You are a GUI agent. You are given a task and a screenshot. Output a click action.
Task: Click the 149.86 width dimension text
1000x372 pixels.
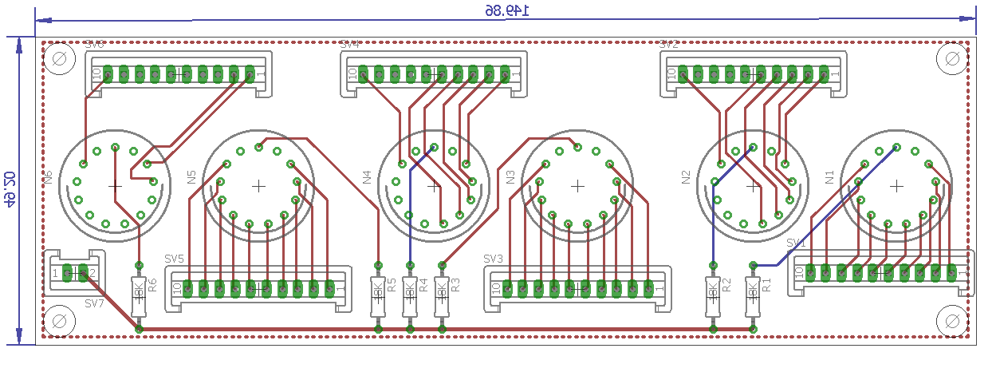tap(508, 10)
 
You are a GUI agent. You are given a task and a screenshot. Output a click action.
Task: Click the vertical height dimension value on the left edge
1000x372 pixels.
tap(10, 188)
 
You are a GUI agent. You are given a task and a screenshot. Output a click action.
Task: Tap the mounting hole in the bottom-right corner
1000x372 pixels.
tap(951, 321)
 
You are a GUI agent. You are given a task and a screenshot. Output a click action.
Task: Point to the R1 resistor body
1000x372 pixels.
tap(752, 296)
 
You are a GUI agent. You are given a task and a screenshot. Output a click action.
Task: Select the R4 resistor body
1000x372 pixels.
tap(410, 296)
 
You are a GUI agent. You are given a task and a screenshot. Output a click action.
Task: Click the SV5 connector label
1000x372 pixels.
tap(174, 259)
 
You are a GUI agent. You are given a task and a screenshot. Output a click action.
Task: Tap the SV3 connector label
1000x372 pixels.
tap(493, 259)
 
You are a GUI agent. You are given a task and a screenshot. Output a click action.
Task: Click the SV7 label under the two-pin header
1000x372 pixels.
tap(94, 303)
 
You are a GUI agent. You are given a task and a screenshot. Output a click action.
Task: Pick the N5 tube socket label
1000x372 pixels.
tap(191, 177)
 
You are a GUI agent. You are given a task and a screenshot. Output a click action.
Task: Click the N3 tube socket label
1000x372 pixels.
tap(510, 177)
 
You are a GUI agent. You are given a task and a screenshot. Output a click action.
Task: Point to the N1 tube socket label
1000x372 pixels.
tap(829, 177)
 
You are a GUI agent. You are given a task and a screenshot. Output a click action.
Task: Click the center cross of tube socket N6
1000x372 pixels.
tap(115, 186)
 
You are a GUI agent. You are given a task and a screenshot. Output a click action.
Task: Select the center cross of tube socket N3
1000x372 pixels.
tap(577, 186)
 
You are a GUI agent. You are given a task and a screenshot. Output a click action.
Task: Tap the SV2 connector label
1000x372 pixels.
tap(668, 45)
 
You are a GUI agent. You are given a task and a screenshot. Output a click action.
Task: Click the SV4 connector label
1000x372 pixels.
tap(349, 45)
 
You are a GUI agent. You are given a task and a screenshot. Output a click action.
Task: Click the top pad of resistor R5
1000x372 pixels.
tap(378, 265)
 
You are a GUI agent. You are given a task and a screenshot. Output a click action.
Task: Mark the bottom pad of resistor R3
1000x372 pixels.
tap(442, 328)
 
